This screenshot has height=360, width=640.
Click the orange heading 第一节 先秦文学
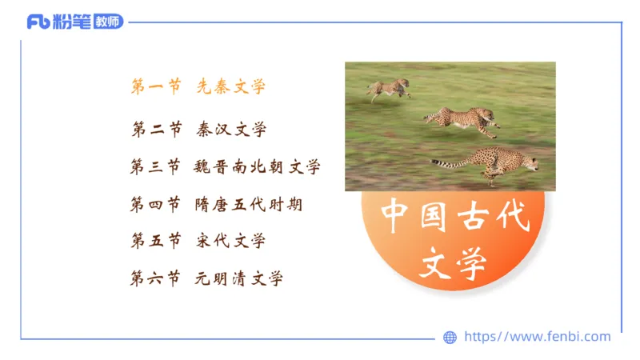[198, 87]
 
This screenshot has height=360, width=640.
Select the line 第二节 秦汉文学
[198, 129]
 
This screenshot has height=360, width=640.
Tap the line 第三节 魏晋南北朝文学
[225, 166]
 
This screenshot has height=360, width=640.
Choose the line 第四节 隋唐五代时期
[216, 204]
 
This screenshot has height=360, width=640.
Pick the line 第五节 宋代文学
[198, 241]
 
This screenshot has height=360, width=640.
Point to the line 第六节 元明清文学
[206, 278]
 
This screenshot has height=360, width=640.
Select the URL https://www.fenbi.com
[537, 337]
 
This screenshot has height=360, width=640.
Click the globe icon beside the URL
[450, 338]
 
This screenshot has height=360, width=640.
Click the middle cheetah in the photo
[464, 119]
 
